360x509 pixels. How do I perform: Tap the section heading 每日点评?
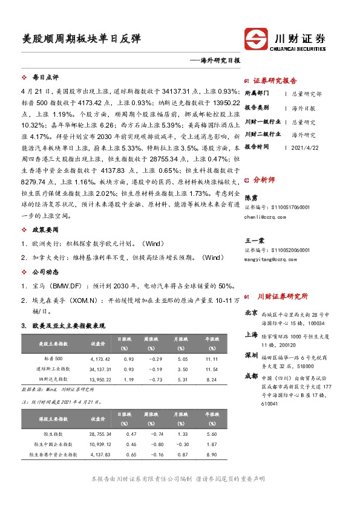point(45,77)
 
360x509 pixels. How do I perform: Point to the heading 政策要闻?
point(45,230)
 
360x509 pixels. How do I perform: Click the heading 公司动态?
point(45,271)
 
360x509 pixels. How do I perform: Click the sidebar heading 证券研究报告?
point(275,80)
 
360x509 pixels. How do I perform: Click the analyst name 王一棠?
point(255,240)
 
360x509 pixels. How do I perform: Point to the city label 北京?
point(251,313)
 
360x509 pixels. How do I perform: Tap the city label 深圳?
point(251,355)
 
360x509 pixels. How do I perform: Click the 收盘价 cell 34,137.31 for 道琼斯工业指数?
point(101,368)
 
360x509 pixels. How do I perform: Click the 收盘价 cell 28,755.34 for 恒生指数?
point(101,433)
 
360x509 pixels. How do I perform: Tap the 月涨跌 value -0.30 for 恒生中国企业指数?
point(178,443)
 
